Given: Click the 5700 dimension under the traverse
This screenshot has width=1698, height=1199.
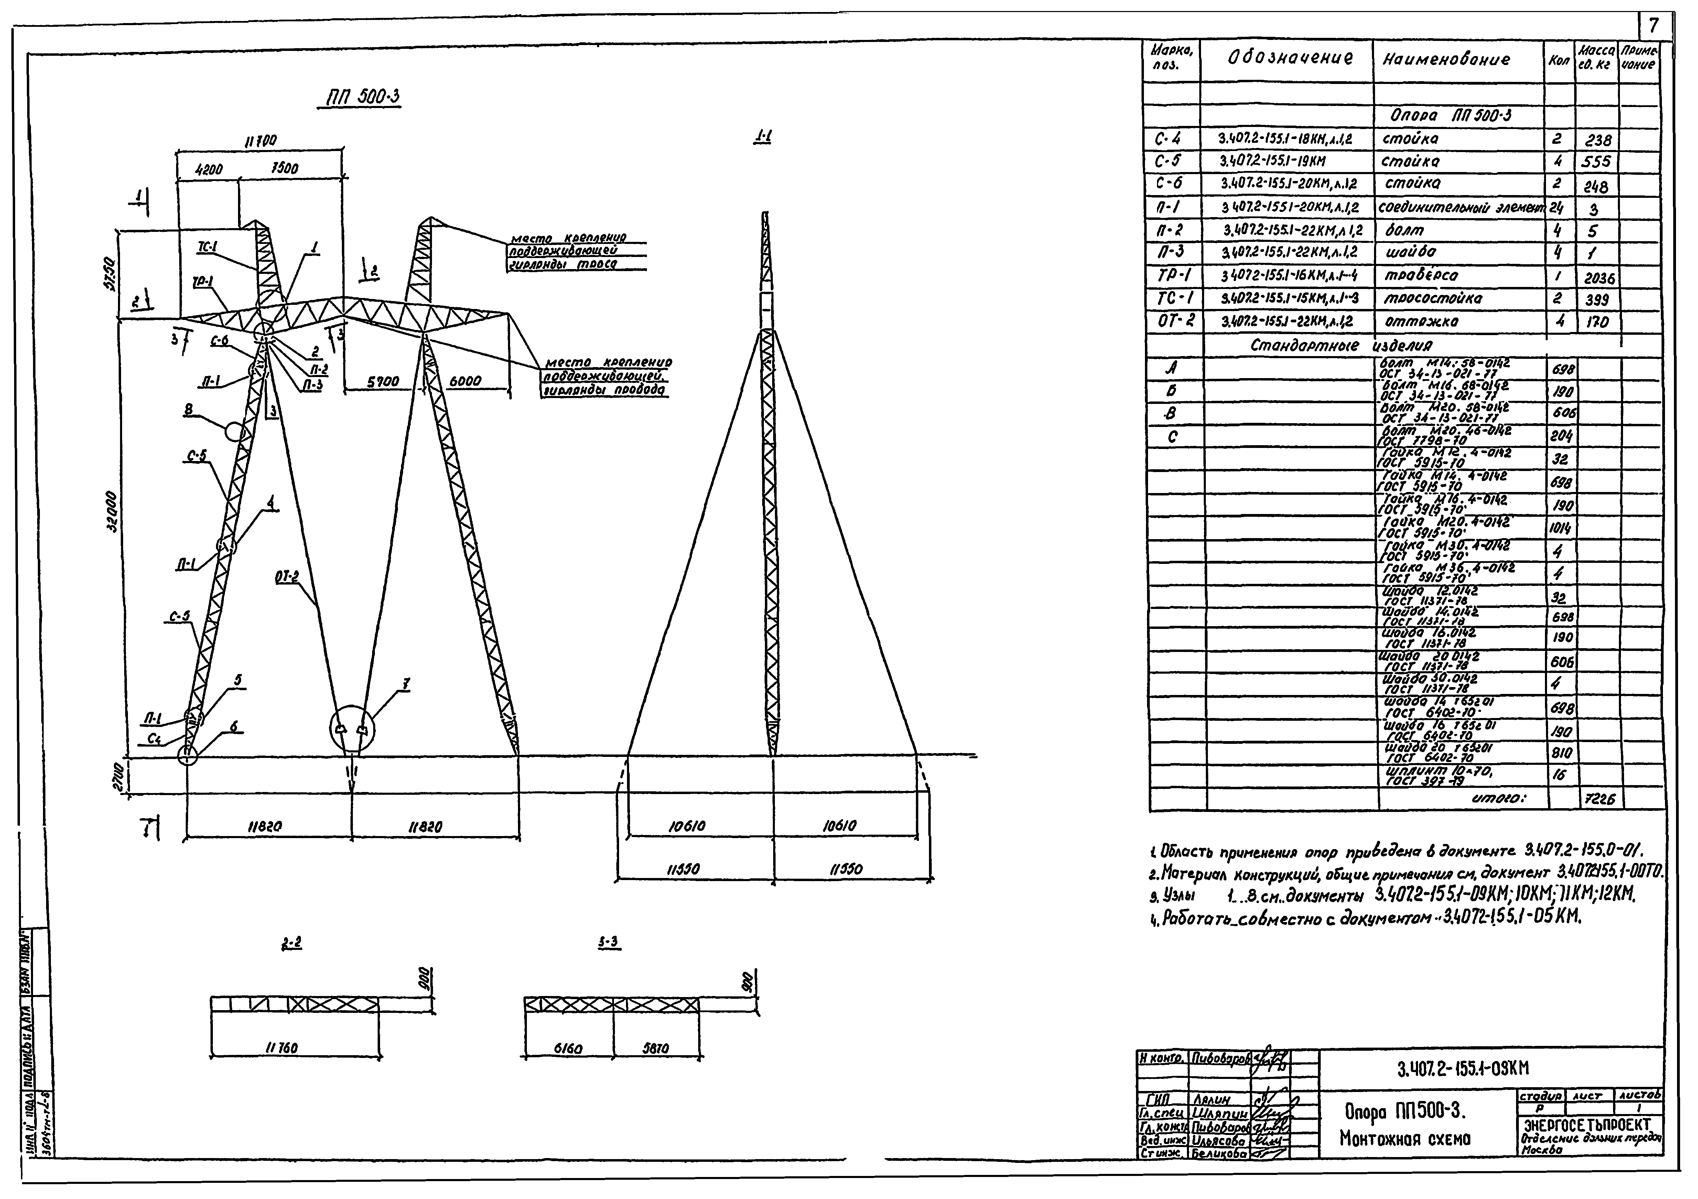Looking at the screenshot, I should click(x=383, y=382).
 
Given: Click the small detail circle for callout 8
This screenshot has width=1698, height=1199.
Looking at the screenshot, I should click(x=235, y=431).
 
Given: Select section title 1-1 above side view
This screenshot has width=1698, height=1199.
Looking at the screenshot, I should click(x=763, y=137).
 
